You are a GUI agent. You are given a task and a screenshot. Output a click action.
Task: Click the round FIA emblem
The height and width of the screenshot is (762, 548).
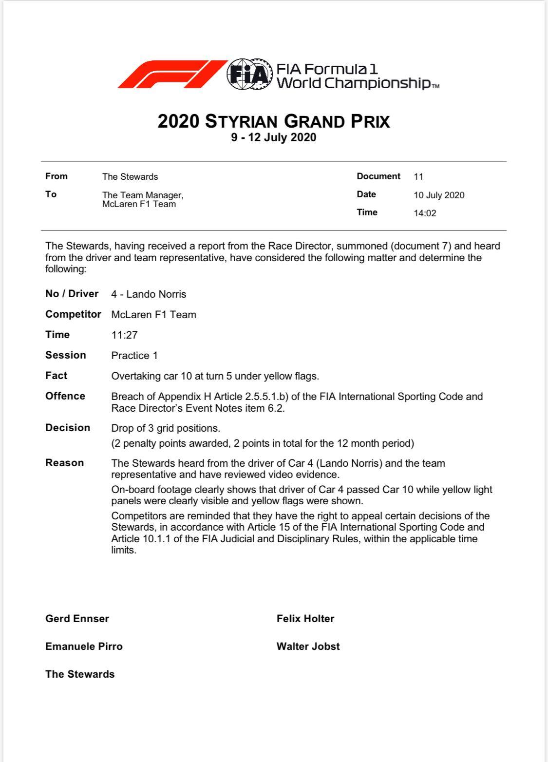pyautogui.click(x=249, y=75)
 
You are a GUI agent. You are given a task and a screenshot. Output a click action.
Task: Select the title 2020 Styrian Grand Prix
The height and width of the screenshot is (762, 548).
pyautogui.click(x=274, y=121)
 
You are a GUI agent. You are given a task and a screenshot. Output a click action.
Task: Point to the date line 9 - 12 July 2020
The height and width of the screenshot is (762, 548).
pyautogui.click(x=274, y=137)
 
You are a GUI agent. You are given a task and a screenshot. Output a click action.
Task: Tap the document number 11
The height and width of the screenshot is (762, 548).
pyautogui.click(x=418, y=177)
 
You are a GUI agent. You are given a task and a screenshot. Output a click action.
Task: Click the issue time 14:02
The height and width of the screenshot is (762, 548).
pyautogui.click(x=425, y=213)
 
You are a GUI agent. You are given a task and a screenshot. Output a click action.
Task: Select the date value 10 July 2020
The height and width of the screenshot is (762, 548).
pyautogui.click(x=439, y=195)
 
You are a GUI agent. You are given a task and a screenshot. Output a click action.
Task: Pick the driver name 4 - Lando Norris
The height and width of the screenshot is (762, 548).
pyautogui.click(x=149, y=294)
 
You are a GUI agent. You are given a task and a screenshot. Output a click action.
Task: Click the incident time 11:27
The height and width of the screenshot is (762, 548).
pyautogui.click(x=124, y=335)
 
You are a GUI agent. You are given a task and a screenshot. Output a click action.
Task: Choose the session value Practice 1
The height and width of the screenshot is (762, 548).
pyautogui.click(x=134, y=356)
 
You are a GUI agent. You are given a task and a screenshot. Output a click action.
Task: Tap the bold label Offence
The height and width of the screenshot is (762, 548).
pyautogui.click(x=65, y=396)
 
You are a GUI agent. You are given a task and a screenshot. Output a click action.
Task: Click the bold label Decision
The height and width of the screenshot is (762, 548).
pyautogui.click(x=68, y=428)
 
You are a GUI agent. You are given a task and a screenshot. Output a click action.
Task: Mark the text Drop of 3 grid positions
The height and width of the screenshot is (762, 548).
pyautogui.click(x=166, y=428)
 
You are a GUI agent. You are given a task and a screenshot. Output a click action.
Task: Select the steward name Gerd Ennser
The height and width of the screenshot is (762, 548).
pyautogui.click(x=77, y=619)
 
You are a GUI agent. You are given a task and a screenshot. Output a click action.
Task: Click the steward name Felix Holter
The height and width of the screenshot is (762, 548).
pyautogui.click(x=305, y=619)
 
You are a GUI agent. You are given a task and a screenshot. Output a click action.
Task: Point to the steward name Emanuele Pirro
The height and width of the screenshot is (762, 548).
pyautogui.click(x=84, y=647)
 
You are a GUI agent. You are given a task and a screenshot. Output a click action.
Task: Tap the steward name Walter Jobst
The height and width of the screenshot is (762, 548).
pyautogui.click(x=308, y=647)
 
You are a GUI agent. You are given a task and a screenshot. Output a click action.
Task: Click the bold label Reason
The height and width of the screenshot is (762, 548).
pyautogui.click(x=64, y=463)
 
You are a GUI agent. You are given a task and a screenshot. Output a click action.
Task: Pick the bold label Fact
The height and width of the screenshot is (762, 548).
pyautogui.click(x=57, y=376)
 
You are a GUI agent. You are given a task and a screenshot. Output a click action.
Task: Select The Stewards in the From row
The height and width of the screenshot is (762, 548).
pyautogui.click(x=130, y=177)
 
